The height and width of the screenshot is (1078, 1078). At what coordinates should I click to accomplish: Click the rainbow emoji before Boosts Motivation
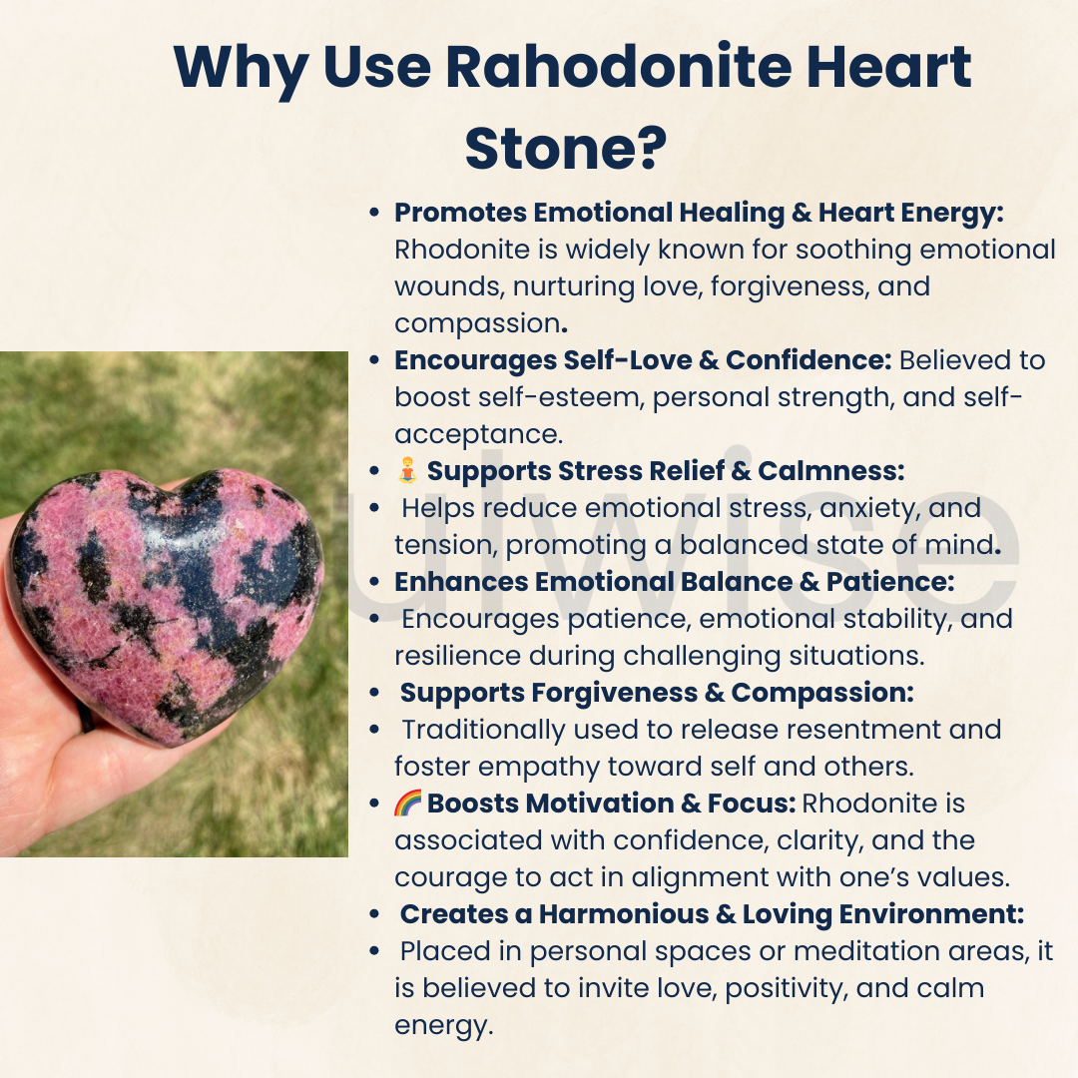tap(409, 804)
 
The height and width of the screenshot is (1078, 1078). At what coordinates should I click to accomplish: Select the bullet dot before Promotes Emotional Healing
tap(374, 214)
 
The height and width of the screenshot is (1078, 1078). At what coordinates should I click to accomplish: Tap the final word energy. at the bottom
tap(443, 1025)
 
